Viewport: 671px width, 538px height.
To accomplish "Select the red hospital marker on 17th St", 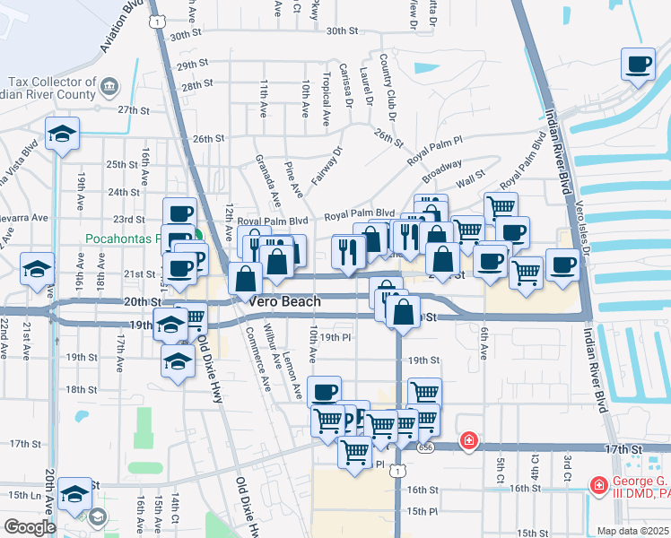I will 468,440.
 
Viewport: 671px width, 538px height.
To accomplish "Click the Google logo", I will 30,527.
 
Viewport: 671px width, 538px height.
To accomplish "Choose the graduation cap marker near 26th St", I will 61,134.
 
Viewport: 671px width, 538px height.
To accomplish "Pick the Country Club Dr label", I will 388,88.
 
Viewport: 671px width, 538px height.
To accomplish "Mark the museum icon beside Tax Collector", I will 109,87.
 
